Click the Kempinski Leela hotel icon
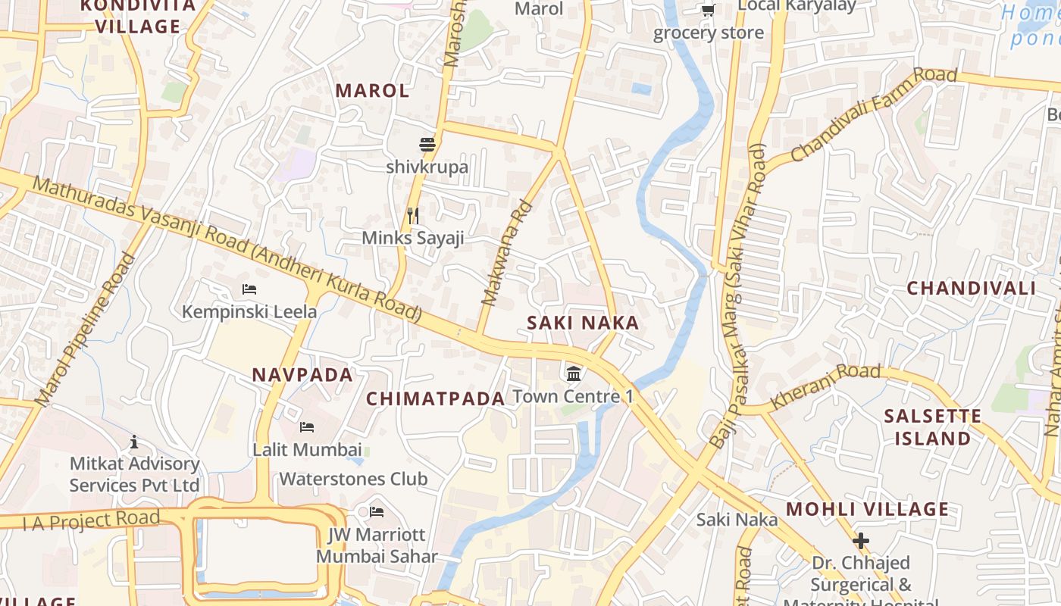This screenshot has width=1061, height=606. pos(249,289)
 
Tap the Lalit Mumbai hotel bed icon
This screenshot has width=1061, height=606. pos(307,427)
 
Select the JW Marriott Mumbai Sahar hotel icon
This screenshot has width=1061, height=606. pos(377,512)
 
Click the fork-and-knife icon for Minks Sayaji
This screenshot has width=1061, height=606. pos(413,216)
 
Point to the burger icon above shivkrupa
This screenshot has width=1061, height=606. pos(427,144)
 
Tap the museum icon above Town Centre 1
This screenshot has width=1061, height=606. pos(574,373)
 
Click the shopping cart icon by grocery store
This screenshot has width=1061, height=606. pos(708,10)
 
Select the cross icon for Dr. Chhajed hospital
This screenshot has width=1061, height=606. pos(861,541)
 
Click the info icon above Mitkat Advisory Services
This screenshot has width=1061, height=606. pos(134,442)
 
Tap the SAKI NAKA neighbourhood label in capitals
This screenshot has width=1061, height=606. pos(583,323)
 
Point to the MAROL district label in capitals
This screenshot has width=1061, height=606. pos(372,90)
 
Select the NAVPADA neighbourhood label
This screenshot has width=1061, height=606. pos(302,374)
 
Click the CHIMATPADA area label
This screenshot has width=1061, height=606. pos(435,398)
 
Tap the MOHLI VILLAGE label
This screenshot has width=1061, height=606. pos(867,509)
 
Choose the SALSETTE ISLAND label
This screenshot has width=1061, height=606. pos(932,427)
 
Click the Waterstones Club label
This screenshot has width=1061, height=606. pos(353,479)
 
